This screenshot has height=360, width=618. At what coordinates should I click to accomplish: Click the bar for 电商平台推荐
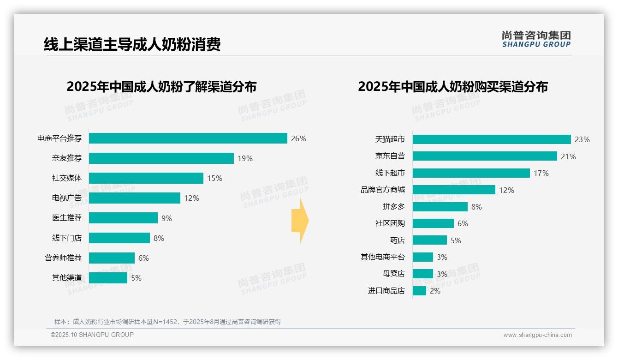pos(188,138)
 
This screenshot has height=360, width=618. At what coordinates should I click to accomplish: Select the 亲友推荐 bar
pos(161,158)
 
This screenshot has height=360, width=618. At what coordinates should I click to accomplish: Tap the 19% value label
pos(245,158)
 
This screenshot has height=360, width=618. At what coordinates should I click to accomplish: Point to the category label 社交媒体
pos(66,178)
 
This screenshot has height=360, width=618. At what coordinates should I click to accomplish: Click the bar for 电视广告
pos(135,198)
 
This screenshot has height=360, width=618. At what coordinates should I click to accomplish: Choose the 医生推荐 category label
pos(66,218)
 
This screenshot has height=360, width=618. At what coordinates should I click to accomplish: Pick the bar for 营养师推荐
pos(112,258)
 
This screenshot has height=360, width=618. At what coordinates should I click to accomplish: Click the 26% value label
pos(298,138)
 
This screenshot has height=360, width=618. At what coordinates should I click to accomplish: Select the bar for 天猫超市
pos(492,139)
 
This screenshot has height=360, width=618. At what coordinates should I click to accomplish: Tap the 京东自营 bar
pos(485,156)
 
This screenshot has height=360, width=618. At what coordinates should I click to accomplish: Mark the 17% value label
pos(541,173)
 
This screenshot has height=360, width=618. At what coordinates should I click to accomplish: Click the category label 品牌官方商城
pos(382,190)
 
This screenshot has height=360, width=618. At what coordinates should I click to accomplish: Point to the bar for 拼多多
pos(440,207)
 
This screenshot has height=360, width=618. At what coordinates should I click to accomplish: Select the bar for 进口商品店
pos(419,291)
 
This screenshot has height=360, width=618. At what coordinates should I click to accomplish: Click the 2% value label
pos(435,291)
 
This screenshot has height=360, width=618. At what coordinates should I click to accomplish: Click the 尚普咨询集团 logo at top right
pos(536,39)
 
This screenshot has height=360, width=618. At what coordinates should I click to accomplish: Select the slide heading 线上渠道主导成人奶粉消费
pos(132,44)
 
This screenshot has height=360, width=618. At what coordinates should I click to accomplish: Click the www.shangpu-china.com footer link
pos(537,335)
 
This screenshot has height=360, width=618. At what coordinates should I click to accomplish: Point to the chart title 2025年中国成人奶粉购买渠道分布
pos(452,87)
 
